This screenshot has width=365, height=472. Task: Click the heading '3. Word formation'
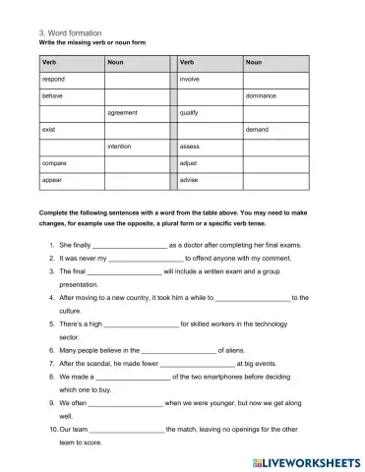[62, 31]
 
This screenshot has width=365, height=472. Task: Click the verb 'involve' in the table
[190, 78]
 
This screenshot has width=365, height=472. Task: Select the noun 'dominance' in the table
[261, 95]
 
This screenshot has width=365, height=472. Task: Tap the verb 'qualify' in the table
[190, 112]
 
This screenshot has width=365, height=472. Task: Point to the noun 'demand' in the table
[257, 129]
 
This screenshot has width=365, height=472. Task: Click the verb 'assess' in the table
[190, 146]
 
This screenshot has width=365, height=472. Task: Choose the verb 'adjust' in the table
[189, 162]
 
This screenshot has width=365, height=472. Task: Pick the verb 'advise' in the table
[189, 180]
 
